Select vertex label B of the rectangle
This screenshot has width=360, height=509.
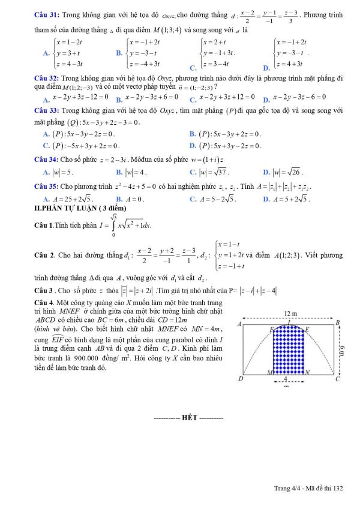[x=338, y=323]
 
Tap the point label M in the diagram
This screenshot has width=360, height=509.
[x=269, y=372]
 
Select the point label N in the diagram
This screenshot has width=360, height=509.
[x=308, y=372]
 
